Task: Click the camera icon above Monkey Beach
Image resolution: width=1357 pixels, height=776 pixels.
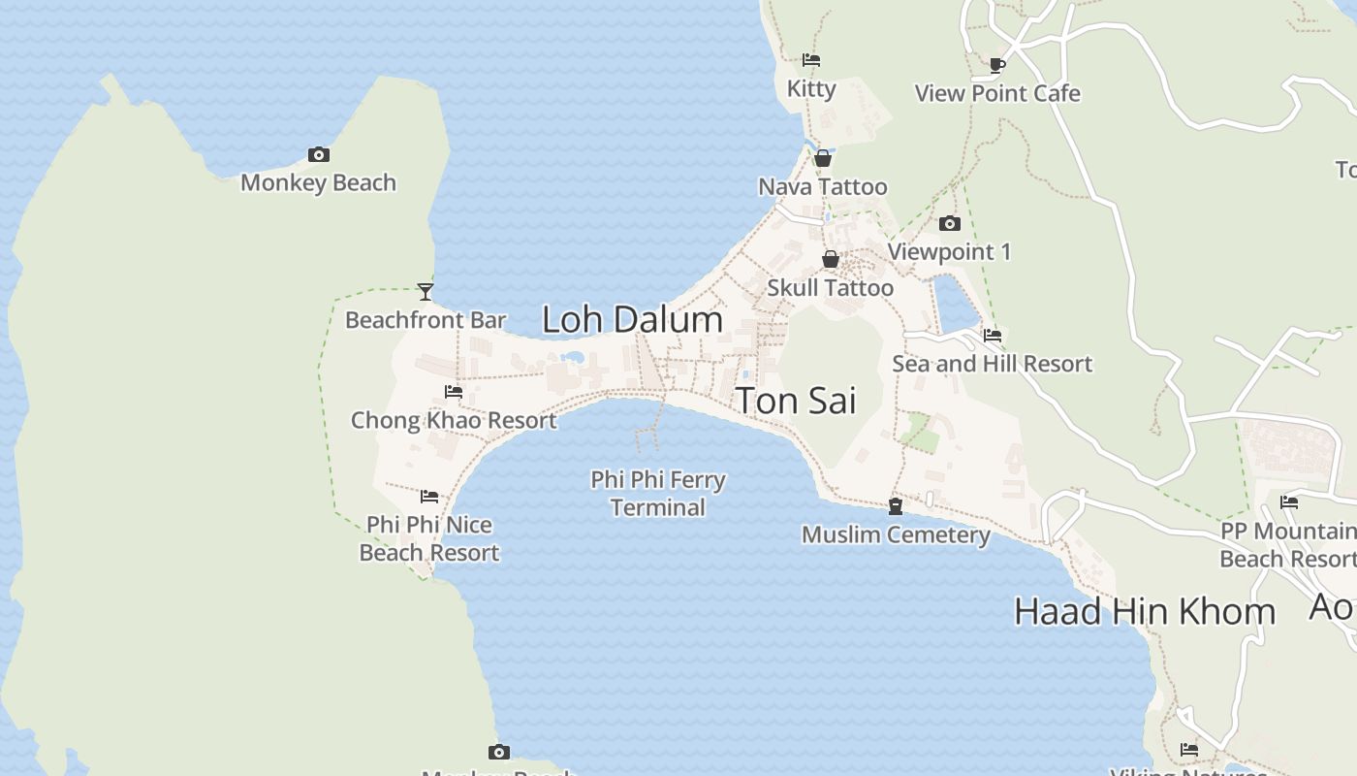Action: (318, 154)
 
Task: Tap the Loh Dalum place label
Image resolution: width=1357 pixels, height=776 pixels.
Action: (632, 319)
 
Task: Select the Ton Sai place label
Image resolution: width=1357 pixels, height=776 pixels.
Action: (796, 400)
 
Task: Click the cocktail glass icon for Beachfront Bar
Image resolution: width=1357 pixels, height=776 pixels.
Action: (425, 291)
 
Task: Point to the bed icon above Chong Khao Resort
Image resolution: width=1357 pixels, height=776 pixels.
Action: (453, 392)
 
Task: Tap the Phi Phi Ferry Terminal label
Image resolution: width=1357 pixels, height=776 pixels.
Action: (658, 493)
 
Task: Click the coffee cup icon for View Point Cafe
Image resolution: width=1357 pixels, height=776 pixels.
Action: (996, 65)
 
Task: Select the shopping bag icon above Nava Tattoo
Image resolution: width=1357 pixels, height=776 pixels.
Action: (823, 158)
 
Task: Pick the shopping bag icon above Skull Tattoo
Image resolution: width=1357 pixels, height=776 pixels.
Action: (831, 259)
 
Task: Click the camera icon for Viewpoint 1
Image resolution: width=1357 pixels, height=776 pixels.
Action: (950, 224)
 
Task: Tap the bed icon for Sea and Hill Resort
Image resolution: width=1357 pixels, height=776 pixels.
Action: (993, 336)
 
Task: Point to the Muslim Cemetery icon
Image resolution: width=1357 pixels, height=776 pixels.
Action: (896, 506)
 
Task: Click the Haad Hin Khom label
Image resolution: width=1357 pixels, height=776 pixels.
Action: (1144, 611)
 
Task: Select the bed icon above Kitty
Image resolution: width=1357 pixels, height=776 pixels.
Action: (811, 60)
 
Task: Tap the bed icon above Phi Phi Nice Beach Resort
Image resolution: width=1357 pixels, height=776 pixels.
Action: (429, 497)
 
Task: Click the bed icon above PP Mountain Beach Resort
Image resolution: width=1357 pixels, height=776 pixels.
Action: (1289, 502)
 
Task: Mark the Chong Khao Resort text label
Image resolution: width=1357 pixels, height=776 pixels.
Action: (454, 420)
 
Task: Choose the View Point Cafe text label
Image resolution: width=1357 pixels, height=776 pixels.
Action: (997, 93)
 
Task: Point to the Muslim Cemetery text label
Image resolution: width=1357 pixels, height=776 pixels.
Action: (896, 534)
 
